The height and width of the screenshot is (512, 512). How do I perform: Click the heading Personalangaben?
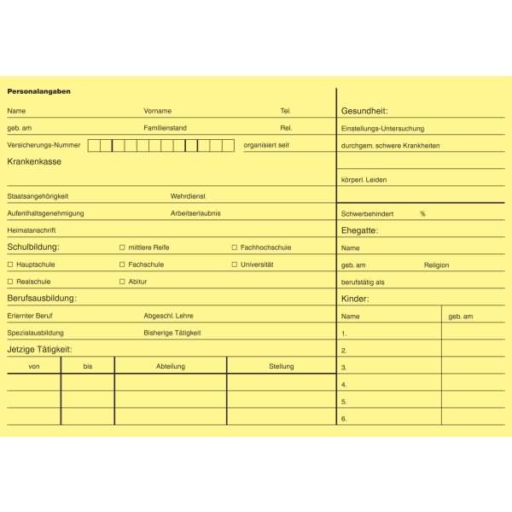click(x=39, y=91)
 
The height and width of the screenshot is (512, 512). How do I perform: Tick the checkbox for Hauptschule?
click(x=10, y=265)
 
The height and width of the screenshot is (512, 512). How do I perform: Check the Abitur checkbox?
click(x=122, y=282)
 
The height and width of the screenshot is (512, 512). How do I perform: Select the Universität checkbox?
click(x=235, y=265)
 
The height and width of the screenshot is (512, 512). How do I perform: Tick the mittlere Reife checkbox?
click(x=122, y=247)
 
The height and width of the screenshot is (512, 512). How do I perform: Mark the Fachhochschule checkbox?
click(x=235, y=247)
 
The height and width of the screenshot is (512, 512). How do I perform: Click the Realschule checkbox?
click(x=10, y=282)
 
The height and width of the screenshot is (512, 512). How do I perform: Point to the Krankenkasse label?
click(x=34, y=161)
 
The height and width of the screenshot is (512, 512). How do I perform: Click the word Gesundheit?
click(x=364, y=111)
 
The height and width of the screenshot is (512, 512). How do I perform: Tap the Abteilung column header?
click(x=171, y=366)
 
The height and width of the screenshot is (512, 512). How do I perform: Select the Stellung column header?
click(x=281, y=366)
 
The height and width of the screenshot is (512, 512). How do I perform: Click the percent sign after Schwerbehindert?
click(x=422, y=213)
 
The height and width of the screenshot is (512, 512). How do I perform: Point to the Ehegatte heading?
click(x=359, y=230)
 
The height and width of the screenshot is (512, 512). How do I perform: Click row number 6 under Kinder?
click(x=344, y=419)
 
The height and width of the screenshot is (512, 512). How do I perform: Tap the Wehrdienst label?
click(x=188, y=196)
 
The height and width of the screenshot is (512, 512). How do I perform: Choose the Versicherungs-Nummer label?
click(x=44, y=145)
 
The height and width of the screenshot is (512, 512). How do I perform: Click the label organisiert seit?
click(x=266, y=145)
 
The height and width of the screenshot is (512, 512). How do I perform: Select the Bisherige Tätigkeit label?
click(x=172, y=333)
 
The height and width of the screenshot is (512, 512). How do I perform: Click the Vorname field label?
click(x=158, y=111)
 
